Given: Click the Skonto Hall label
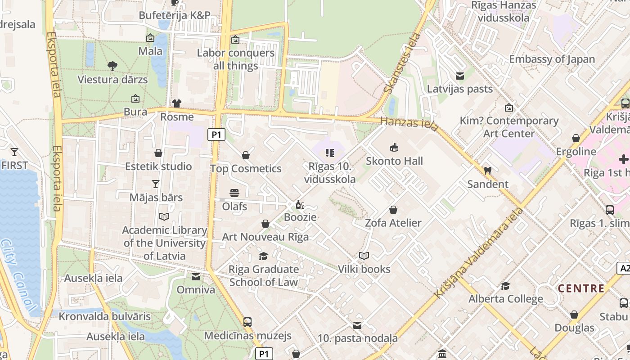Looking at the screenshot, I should (x=394, y=161).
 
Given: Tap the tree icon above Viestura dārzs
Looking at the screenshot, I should (x=112, y=66).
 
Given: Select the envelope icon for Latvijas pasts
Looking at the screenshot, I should (x=460, y=76).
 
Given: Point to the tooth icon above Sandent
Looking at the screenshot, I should (x=487, y=171).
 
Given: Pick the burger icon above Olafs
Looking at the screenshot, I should (x=234, y=193).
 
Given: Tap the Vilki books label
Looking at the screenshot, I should (x=364, y=269).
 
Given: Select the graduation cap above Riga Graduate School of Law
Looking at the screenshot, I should (x=263, y=256).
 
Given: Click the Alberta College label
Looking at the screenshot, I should (x=506, y=299).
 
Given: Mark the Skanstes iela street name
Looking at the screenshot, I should (x=402, y=63).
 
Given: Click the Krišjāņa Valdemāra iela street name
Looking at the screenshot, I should (x=479, y=252).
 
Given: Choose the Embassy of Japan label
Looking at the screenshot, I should (x=552, y=59).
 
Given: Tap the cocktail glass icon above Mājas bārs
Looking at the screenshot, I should (x=156, y=184).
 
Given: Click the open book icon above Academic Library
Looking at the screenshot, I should (x=164, y=217).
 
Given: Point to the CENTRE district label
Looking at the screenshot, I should (x=581, y=288).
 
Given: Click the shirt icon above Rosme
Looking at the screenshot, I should (x=176, y=103).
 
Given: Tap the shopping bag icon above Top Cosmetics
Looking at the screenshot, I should (x=246, y=155).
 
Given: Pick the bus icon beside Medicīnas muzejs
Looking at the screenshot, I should (x=247, y=322).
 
